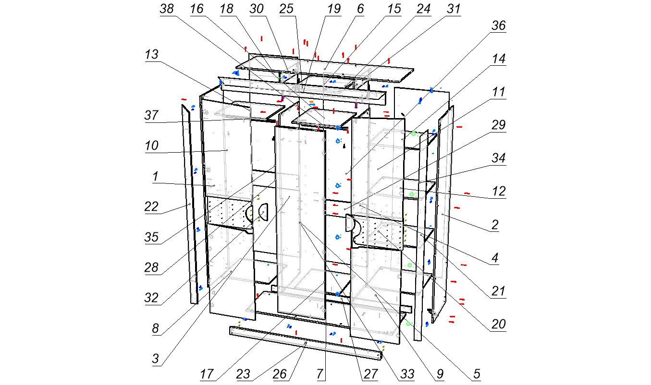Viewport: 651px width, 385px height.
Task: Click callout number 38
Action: [167, 9]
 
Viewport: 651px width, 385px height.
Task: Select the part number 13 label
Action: [152, 54]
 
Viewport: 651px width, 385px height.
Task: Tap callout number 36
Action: [498, 25]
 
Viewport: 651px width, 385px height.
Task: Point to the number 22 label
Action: [151, 206]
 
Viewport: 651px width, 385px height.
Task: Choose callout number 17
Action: [207, 374]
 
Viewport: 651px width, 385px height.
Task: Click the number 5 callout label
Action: [477, 374]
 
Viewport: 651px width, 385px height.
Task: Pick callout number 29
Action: [498, 125]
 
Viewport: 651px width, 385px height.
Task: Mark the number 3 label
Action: [156, 359]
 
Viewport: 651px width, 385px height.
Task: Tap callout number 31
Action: [454, 9]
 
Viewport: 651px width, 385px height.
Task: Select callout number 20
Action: [498, 324]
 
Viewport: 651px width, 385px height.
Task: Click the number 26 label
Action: [280, 374]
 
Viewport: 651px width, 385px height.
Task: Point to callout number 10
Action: [152, 145]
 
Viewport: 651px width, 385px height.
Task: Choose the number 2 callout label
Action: [495, 225]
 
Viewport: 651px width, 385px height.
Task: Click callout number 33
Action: [407, 374]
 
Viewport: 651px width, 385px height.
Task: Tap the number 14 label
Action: [498, 59]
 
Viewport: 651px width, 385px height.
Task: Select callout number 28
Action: [151, 267]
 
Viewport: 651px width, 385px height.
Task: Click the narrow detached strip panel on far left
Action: [190, 205]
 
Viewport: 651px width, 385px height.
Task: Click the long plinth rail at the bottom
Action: [305, 343]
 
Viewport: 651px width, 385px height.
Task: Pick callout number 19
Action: [334, 9]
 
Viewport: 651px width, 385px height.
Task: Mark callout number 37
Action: [151, 115]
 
